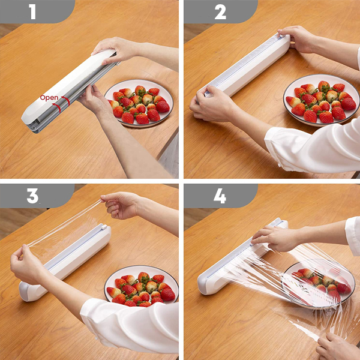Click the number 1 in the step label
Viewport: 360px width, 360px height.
pos(32,11)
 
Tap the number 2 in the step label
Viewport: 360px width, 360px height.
pos(220,11)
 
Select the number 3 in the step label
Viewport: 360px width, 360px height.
pos(32,196)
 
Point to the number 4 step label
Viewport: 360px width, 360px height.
pos(220,196)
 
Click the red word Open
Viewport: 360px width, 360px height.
pos(49,98)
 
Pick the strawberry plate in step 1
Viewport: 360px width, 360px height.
pos(139,103)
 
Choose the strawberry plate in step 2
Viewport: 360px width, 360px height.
pos(322,100)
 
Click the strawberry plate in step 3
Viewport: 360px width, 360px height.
pos(141,285)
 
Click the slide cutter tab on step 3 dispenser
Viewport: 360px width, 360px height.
pos(104,227)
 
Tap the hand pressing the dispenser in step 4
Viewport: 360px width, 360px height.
pos(275,238)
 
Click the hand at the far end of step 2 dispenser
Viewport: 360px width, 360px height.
pos(296,38)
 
